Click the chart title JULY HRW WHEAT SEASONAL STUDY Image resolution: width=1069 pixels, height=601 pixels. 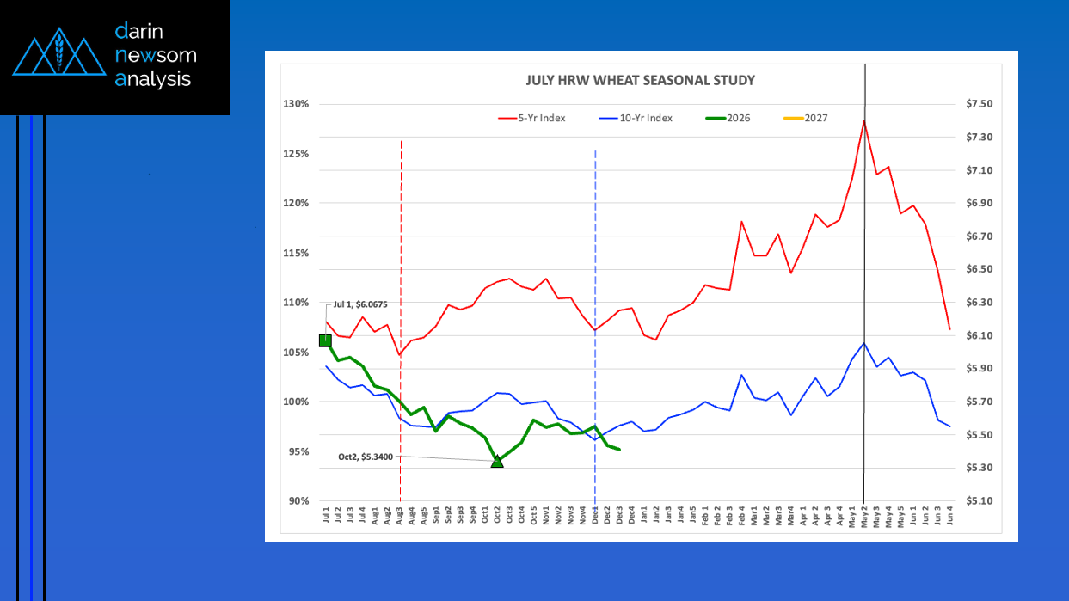tap(640, 81)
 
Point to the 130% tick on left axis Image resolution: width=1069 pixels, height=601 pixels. tap(296, 104)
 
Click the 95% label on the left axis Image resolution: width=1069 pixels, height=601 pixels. tap(298, 451)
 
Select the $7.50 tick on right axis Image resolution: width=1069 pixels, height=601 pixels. tap(980, 104)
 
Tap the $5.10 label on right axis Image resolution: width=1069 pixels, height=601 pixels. tap(980, 501)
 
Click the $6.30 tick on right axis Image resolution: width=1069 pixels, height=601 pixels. tap(980, 303)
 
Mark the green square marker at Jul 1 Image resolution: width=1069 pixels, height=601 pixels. tap(325, 340)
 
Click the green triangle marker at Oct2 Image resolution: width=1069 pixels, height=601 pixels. tap(497, 462)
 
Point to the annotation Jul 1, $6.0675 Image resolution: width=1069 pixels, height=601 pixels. tap(360, 304)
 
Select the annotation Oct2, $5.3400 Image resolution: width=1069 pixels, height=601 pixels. tap(365, 457)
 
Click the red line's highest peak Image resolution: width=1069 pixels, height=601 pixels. tap(863, 120)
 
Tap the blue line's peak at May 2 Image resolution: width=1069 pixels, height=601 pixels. tap(863, 343)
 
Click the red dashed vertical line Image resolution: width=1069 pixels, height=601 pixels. tap(401, 258)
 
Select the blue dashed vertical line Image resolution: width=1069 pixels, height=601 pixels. tap(595, 258)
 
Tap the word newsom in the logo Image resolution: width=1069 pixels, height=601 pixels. tap(155, 56)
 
